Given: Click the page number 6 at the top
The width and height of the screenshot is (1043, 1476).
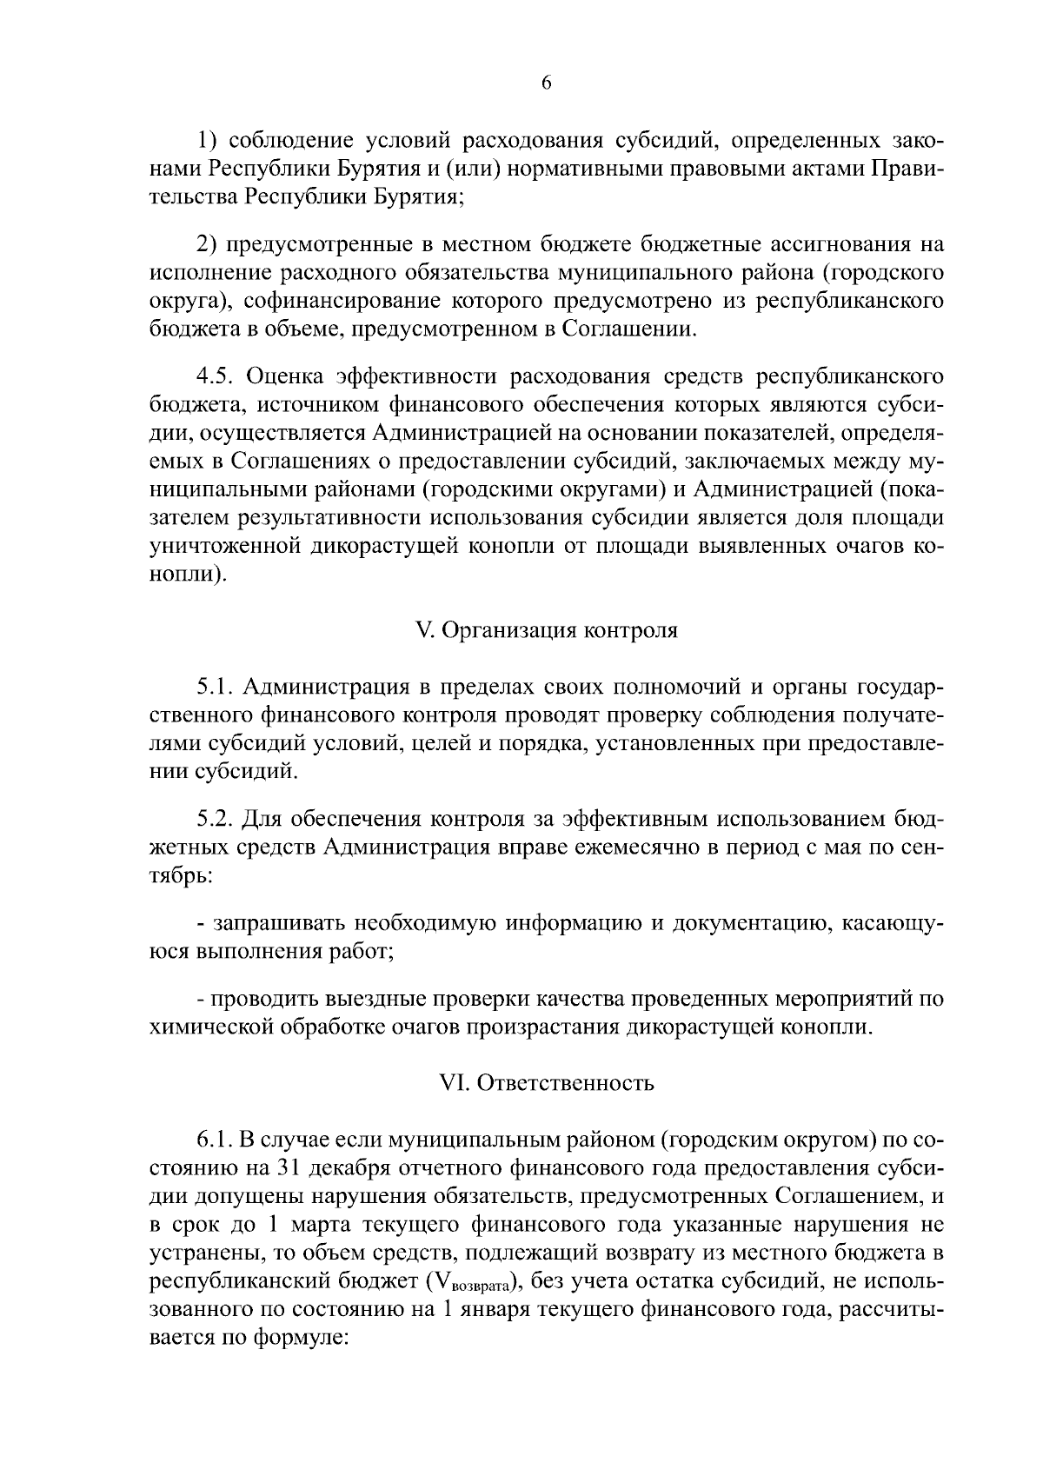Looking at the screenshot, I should click(546, 83).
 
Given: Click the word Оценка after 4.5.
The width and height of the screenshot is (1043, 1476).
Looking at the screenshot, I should click(285, 376).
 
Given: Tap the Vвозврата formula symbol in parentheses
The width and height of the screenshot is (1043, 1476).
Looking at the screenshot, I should click(475, 1282).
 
